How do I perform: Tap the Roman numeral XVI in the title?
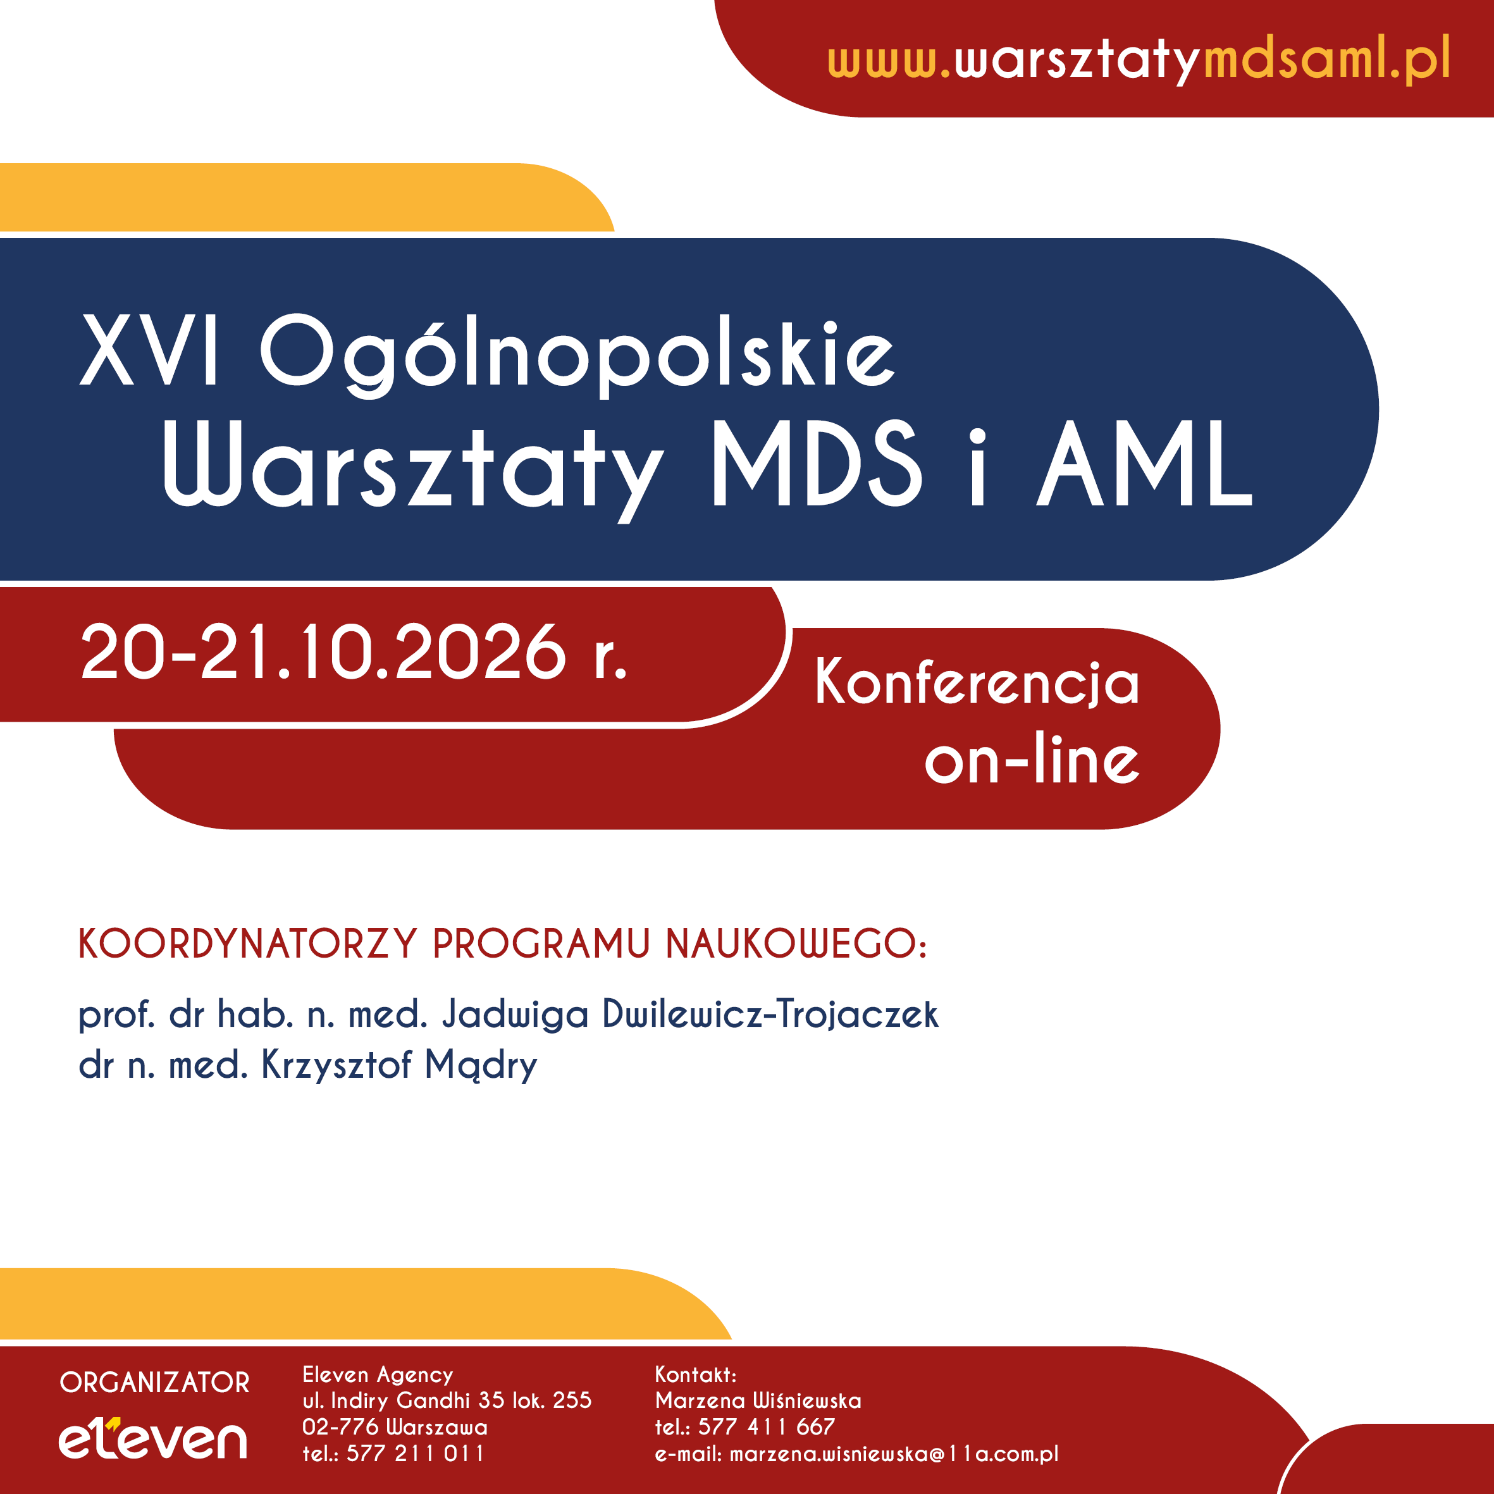click(x=149, y=350)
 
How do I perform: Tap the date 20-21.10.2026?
click(x=324, y=652)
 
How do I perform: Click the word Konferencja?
click(x=977, y=682)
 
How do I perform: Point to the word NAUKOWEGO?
click(x=796, y=944)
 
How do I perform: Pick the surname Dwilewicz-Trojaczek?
click(x=770, y=1014)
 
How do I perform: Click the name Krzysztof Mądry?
click(x=399, y=1066)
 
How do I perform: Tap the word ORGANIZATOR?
click(x=155, y=1383)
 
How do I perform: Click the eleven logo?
click(x=153, y=1438)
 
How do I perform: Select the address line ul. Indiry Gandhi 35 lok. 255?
click(x=447, y=1400)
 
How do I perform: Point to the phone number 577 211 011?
click(x=416, y=1454)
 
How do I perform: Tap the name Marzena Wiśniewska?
click(x=758, y=1400)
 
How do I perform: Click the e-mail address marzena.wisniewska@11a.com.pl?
click(x=894, y=1454)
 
